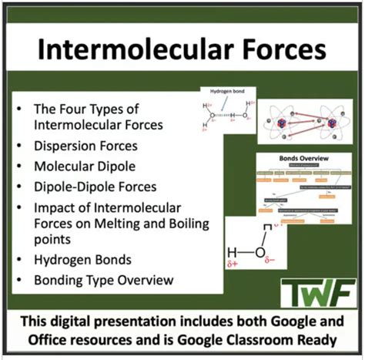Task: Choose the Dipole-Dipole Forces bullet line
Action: point(94,187)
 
